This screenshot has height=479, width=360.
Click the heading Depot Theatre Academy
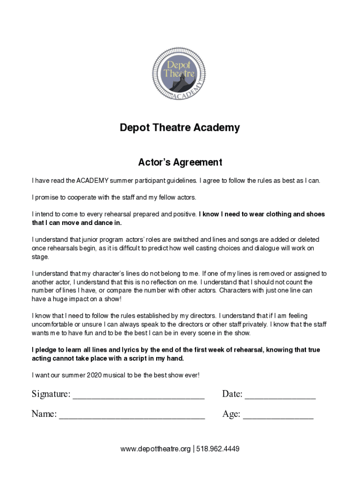tap(180, 128)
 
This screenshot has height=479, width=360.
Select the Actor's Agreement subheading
tap(180, 162)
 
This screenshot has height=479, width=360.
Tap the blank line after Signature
tap(138, 396)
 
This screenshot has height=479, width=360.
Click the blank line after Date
tap(280, 396)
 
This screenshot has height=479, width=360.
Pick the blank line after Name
tap(132, 415)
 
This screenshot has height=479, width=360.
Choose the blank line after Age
tap(278, 415)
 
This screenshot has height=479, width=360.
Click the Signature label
tap(51, 394)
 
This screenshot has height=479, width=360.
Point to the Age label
tap(231, 414)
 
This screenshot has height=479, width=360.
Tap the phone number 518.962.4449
tap(218, 449)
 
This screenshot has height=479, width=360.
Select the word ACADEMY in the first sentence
tap(93, 181)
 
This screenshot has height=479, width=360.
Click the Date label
tap(232, 394)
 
